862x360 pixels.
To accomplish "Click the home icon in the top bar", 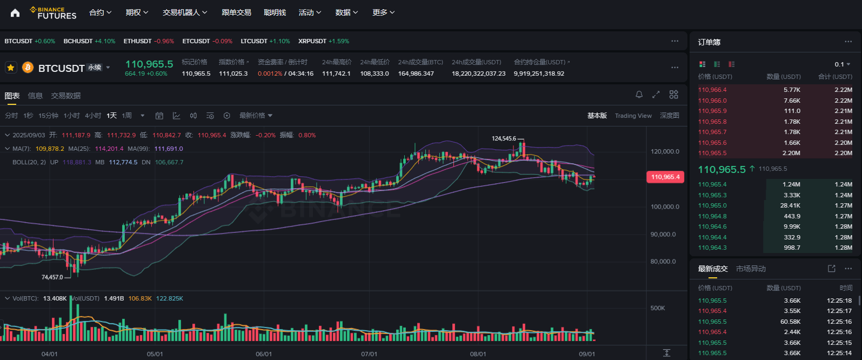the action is [15, 13].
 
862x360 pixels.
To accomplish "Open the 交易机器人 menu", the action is [185, 13].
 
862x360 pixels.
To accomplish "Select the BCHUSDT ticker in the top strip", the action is [78, 41].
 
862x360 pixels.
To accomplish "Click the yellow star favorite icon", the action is [11, 68].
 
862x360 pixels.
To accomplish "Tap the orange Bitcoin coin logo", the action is [28, 68].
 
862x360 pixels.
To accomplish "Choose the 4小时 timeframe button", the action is [93, 116].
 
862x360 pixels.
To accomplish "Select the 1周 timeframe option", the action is [126, 116].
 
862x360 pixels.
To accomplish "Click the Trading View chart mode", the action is [633, 116].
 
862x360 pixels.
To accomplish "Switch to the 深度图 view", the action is [670, 116].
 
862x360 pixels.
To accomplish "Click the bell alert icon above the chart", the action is [639, 95].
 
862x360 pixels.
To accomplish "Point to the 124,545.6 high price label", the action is [504, 138].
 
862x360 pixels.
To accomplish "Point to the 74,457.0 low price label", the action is [52, 277].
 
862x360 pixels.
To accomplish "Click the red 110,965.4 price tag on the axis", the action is [665, 177].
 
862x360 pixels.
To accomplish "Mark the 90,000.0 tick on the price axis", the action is [663, 234].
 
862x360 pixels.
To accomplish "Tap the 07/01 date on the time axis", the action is [369, 354].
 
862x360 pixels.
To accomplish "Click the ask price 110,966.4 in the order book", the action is [712, 90].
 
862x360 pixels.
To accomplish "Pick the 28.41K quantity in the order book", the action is [790, 205].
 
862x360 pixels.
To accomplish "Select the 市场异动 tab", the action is [751, 269].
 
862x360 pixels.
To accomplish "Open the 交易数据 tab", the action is [66, 96].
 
